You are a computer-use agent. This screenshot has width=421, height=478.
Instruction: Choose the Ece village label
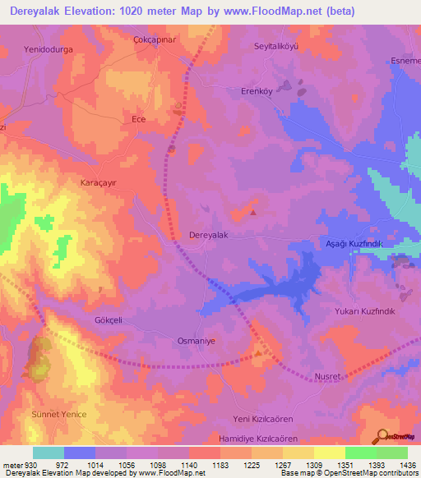[139, 119]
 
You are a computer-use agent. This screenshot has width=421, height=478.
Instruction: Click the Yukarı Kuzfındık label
[365, 312]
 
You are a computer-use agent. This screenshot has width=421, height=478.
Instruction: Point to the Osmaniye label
[197, 340]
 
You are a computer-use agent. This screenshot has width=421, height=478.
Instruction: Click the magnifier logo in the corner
[382, 436]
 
